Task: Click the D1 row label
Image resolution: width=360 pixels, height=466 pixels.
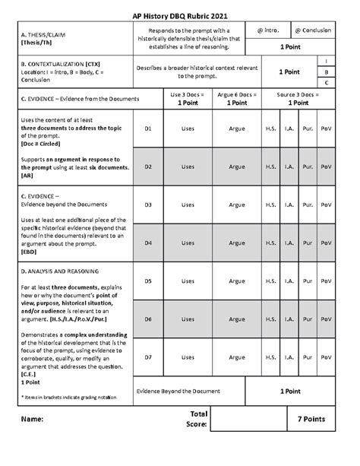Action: click(149, 129)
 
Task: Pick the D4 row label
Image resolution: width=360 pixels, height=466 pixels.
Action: click(149, 243)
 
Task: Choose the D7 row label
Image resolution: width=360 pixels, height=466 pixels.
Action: click(149, 357)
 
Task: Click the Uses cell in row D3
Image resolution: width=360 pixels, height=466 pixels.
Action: click(188, 205)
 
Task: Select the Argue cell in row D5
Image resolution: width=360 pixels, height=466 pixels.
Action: click(237, 281)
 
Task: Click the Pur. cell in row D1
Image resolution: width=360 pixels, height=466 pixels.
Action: click(308, 129)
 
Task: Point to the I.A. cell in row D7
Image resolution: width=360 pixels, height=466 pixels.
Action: click(289, 357)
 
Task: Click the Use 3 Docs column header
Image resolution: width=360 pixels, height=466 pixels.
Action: click(188, 99)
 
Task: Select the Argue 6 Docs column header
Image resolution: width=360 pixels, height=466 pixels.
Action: click(237, 99)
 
